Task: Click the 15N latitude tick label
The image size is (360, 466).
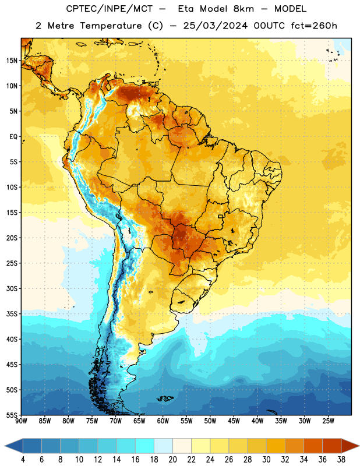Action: pos(12,61)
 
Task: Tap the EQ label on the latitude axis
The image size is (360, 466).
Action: pos(13,137)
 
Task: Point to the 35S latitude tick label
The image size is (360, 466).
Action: pos(12,314)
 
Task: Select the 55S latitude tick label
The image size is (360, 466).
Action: pos(12,415)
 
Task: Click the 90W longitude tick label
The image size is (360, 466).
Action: pos(21,421)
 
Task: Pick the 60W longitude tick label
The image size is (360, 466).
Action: pos(163,421)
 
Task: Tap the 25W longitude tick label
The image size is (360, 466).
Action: pos(328,421)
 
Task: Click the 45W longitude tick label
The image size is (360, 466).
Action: pos(234,421)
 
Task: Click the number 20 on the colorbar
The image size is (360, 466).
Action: pos(172,460)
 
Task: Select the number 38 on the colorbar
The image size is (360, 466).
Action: pos(341,460)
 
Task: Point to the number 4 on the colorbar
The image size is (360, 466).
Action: pos(23,460)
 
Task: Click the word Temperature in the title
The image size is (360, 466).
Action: pos(111,26)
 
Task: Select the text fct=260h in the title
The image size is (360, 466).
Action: pos(314,26)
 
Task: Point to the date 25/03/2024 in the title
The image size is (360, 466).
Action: pos(216,26)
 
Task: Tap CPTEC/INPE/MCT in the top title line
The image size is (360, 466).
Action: pos(109,9)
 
